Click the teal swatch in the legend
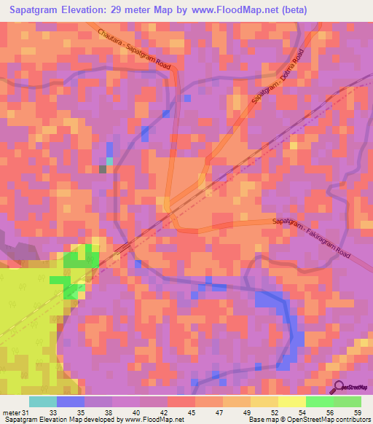(x=43, y=401)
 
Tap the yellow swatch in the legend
(x=292, y=401)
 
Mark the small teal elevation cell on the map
(x=110, y=161)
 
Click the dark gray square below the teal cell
(x=103, y=169)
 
